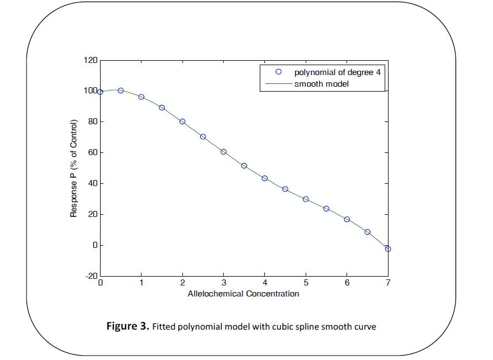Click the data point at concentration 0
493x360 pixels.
[100, 92]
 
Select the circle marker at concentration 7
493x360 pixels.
[388, 249]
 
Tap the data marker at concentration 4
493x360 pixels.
[265, 178]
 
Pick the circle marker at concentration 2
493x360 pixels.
[182, 121]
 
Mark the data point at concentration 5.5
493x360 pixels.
[326, 209]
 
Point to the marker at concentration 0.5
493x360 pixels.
[120, 91]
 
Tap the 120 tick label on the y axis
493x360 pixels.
[90, 60]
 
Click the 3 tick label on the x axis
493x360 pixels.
[223, 283]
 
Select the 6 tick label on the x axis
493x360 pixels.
[347, 283]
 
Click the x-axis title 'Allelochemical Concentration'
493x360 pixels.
[244, 294]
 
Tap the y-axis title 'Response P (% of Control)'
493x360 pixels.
[74, 168]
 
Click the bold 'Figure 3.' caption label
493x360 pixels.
[128, 326]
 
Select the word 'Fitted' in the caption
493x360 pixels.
[163, 327]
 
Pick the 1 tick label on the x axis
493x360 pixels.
[141, 283]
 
